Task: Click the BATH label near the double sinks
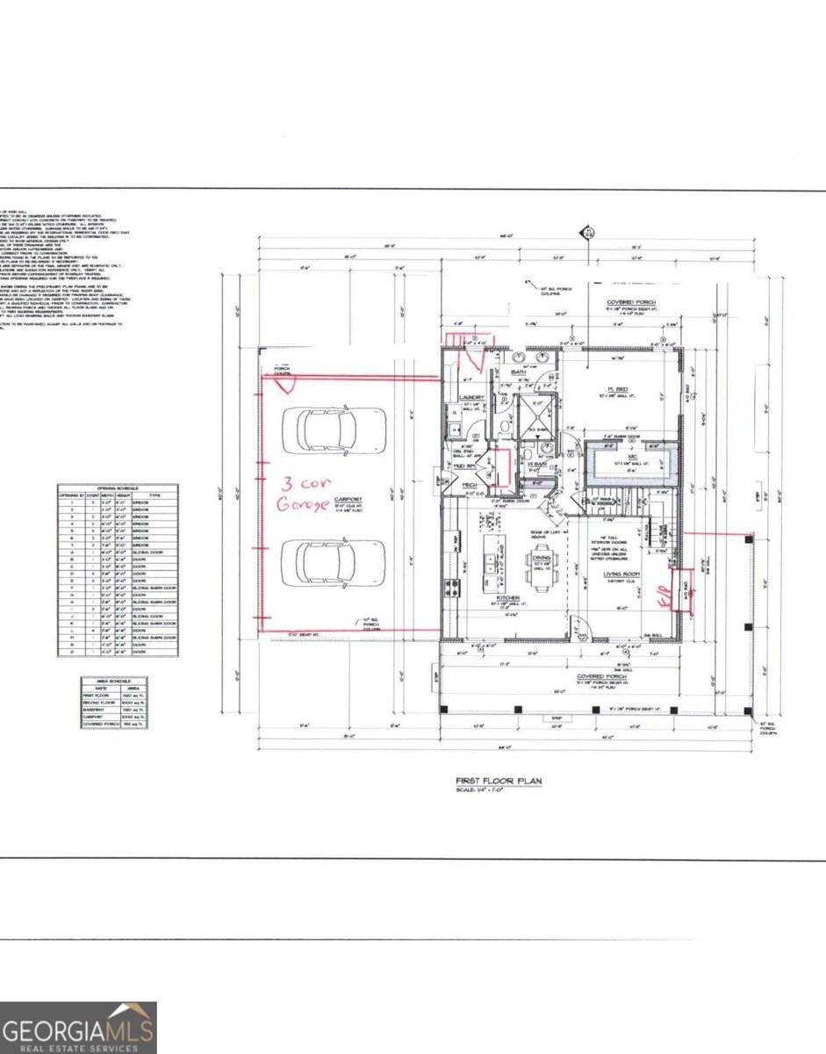point(518,372)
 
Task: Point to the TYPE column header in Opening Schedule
point(155,495)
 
